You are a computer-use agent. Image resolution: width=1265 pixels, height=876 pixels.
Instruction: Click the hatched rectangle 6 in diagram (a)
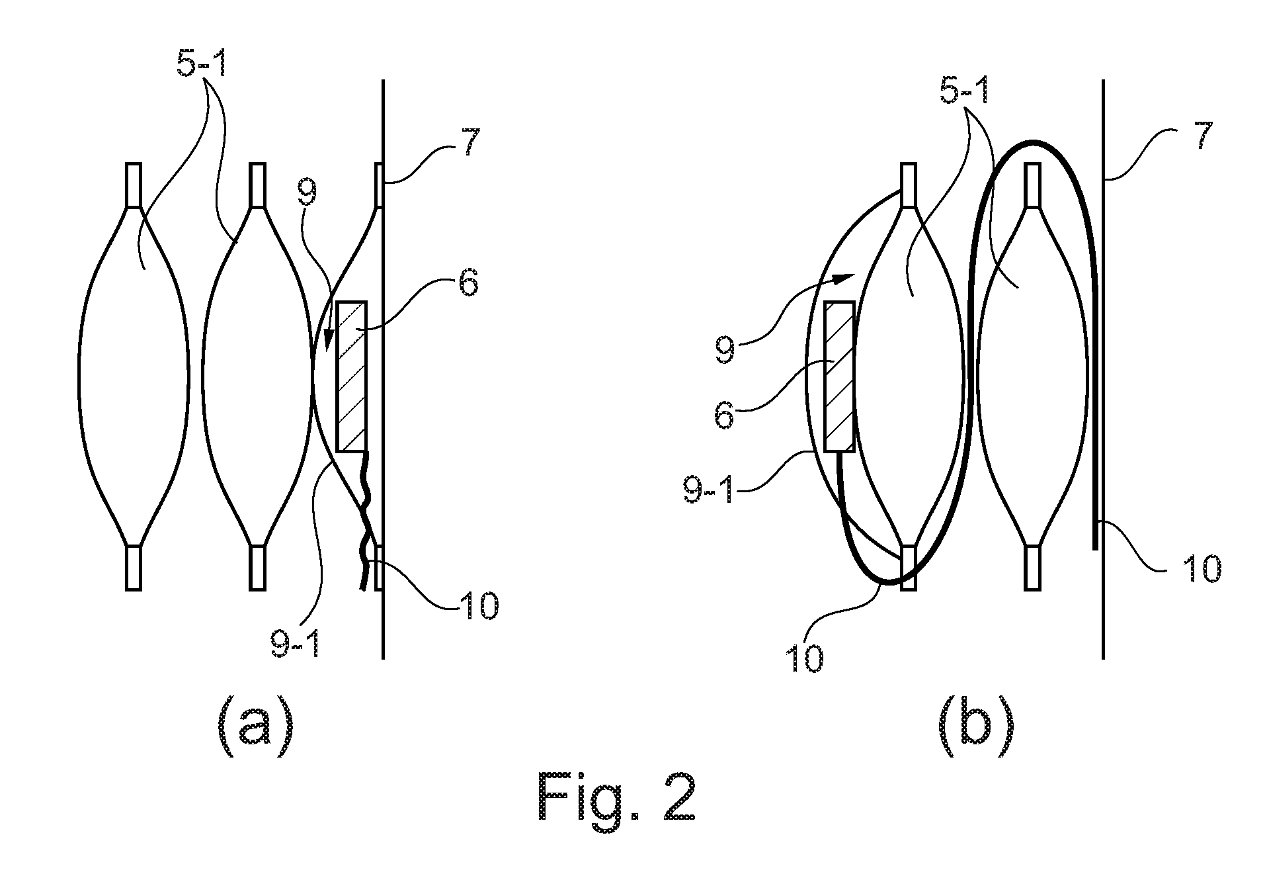coord(351,376)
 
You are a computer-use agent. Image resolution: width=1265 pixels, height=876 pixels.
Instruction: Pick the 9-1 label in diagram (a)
coord(295,638)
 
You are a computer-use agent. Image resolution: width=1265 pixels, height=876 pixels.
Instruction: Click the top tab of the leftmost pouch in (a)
coord(133,185)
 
